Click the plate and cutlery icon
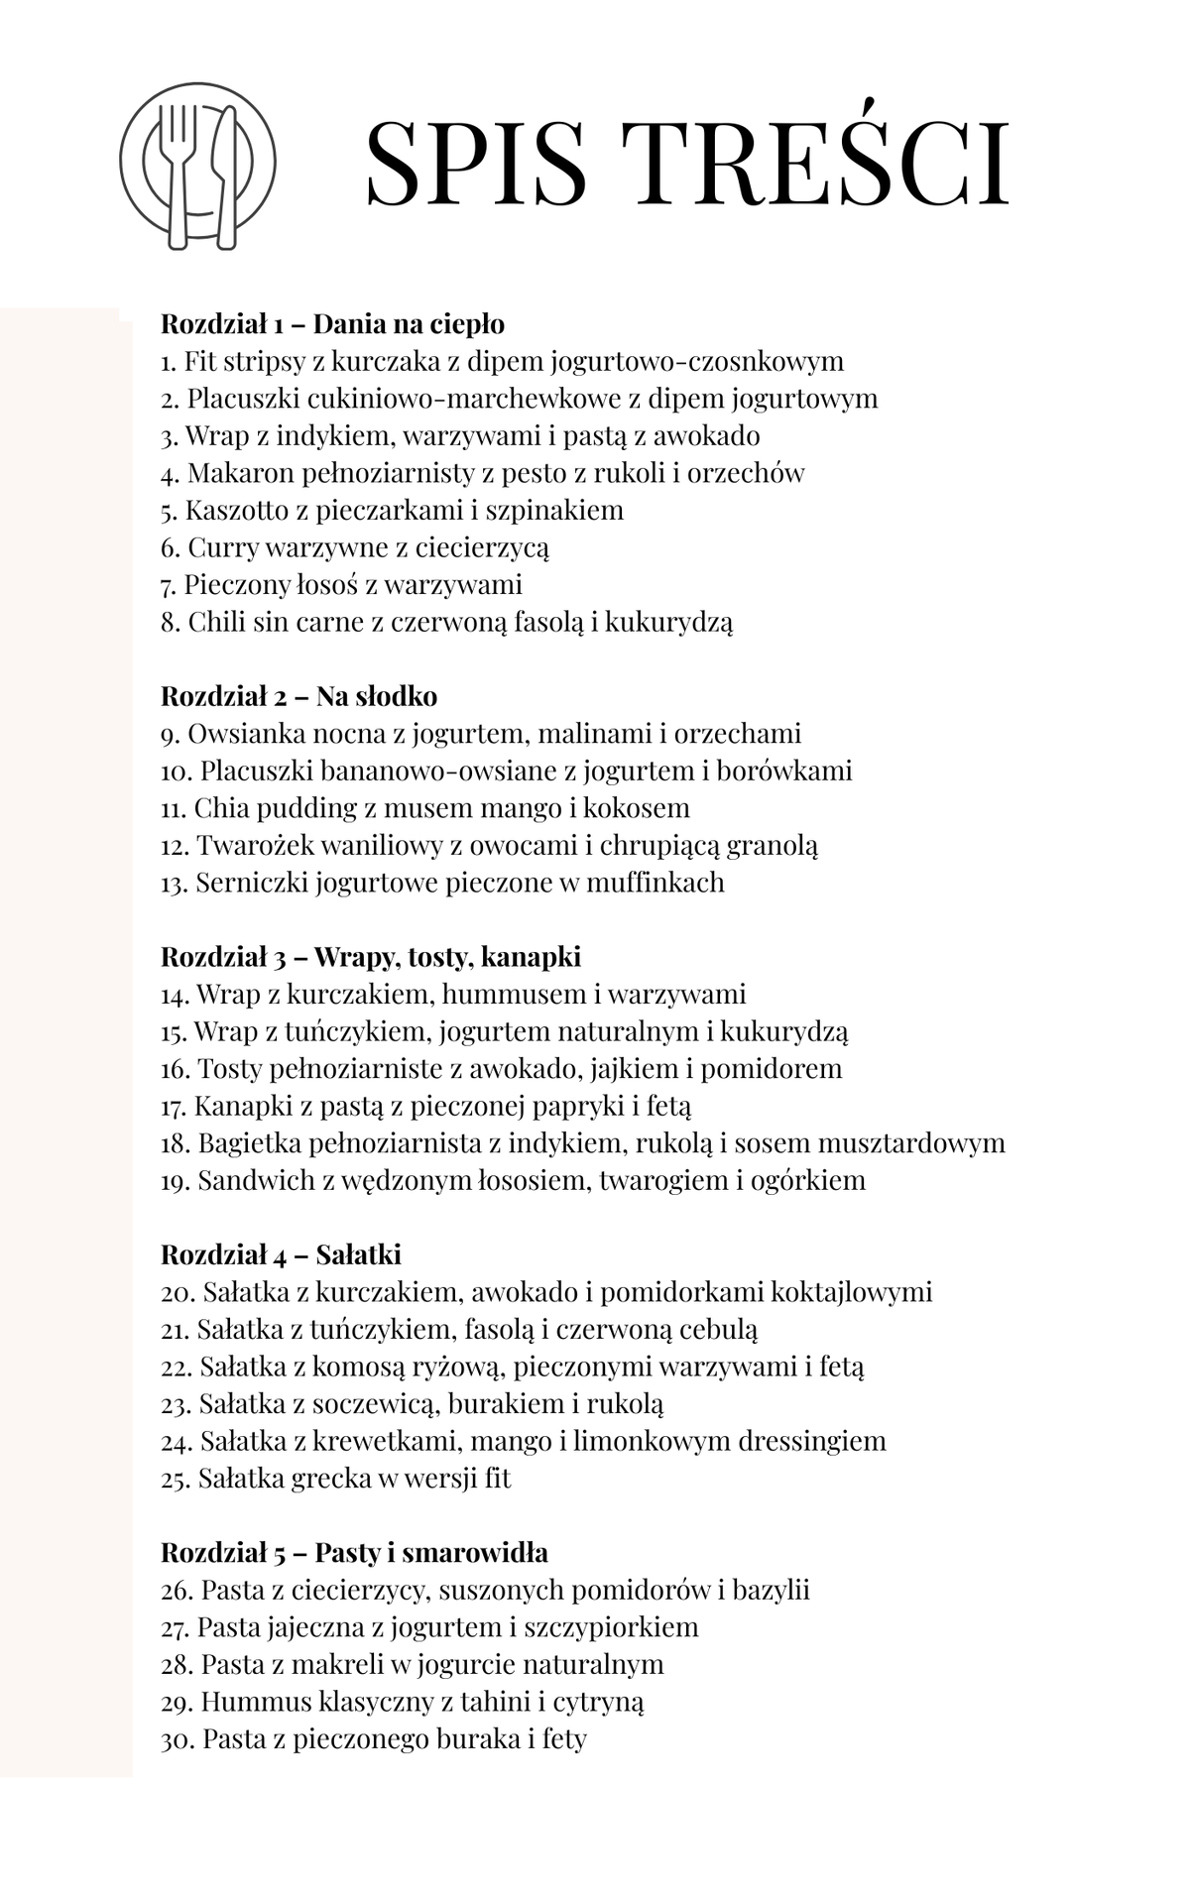[198, 165]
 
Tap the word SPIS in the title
[477, 163]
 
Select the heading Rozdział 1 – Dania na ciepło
[332, 324]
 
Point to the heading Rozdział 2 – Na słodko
[298, 696]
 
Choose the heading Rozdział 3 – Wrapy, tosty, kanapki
[371, 957]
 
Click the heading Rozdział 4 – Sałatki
[281, 1254]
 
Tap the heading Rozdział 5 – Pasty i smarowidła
[354, 1552]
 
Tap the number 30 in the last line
[177, 1739]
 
